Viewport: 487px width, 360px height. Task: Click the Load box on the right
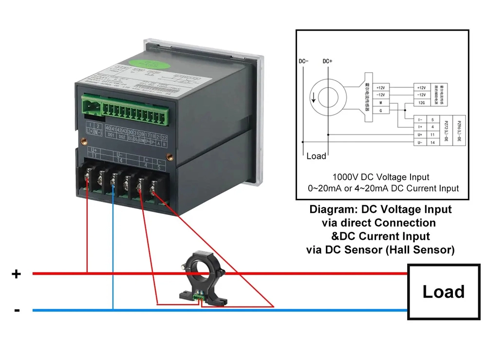click(443, 291)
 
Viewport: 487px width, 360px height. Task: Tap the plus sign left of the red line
click(17, 274)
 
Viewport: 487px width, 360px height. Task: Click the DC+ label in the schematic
click(327, 61)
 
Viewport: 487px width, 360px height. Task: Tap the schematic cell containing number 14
click(431, 142)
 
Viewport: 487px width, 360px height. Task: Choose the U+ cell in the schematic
click(420, 134)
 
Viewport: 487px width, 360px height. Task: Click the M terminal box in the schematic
click(381, 103)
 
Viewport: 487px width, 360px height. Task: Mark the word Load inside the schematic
click(316, 156)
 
